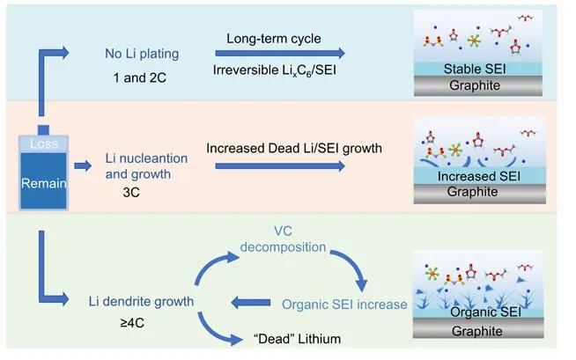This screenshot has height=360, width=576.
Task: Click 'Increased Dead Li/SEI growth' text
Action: [x=293, y=148]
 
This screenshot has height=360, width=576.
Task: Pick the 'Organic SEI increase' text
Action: [x=344, y=305]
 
